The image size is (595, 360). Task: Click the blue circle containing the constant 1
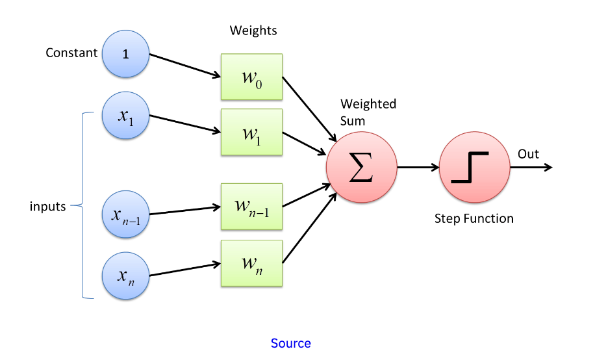click(126, 54)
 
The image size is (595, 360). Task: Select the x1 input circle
click(126, 116)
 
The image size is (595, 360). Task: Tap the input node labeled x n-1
click(126, 212)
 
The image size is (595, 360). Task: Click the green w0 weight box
click(251, 77)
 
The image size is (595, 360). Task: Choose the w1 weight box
click(251, 132)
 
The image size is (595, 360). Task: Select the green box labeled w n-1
click(251, 206)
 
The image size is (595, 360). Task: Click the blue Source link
click(290, 343)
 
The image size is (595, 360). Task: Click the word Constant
click(71, 53)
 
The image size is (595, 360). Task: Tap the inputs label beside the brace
click(48, 207)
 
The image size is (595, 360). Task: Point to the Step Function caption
click(474, 218)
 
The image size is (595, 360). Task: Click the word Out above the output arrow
click(528, 154)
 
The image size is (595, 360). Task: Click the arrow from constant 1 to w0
click(184, 66)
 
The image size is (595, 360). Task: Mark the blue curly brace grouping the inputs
click(82, 206)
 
